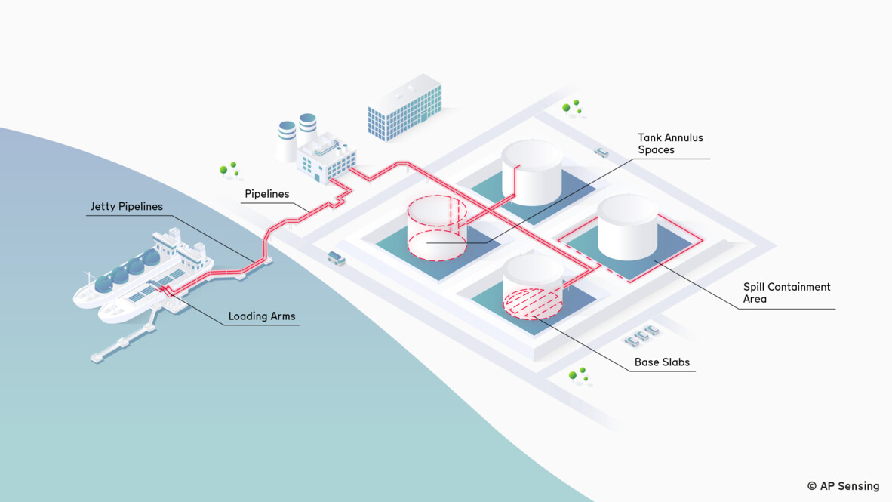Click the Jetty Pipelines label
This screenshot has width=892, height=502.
[x=126, y=206]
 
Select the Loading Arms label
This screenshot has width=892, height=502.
[x=262, y=316]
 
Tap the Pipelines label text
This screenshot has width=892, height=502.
[x=266, y=194]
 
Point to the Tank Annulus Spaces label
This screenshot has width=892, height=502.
[x=670, y=143]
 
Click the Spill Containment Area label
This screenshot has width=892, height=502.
[x=786, y=293]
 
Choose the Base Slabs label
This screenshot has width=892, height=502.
[x=661, y=362]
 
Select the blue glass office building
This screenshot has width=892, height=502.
[x=404, y=107]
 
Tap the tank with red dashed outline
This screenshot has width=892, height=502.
[x=436, y=229]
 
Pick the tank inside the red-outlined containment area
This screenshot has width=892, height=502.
[x=627, y=226]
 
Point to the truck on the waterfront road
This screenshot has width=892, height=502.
[x=336, y=258]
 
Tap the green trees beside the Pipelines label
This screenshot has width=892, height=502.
[x=229, y=168]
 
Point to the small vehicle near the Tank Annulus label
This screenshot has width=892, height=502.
[x=601, y=152]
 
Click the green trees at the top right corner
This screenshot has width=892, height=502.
[x=572, y=107]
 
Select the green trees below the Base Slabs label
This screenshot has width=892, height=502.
[x=579, y=374]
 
